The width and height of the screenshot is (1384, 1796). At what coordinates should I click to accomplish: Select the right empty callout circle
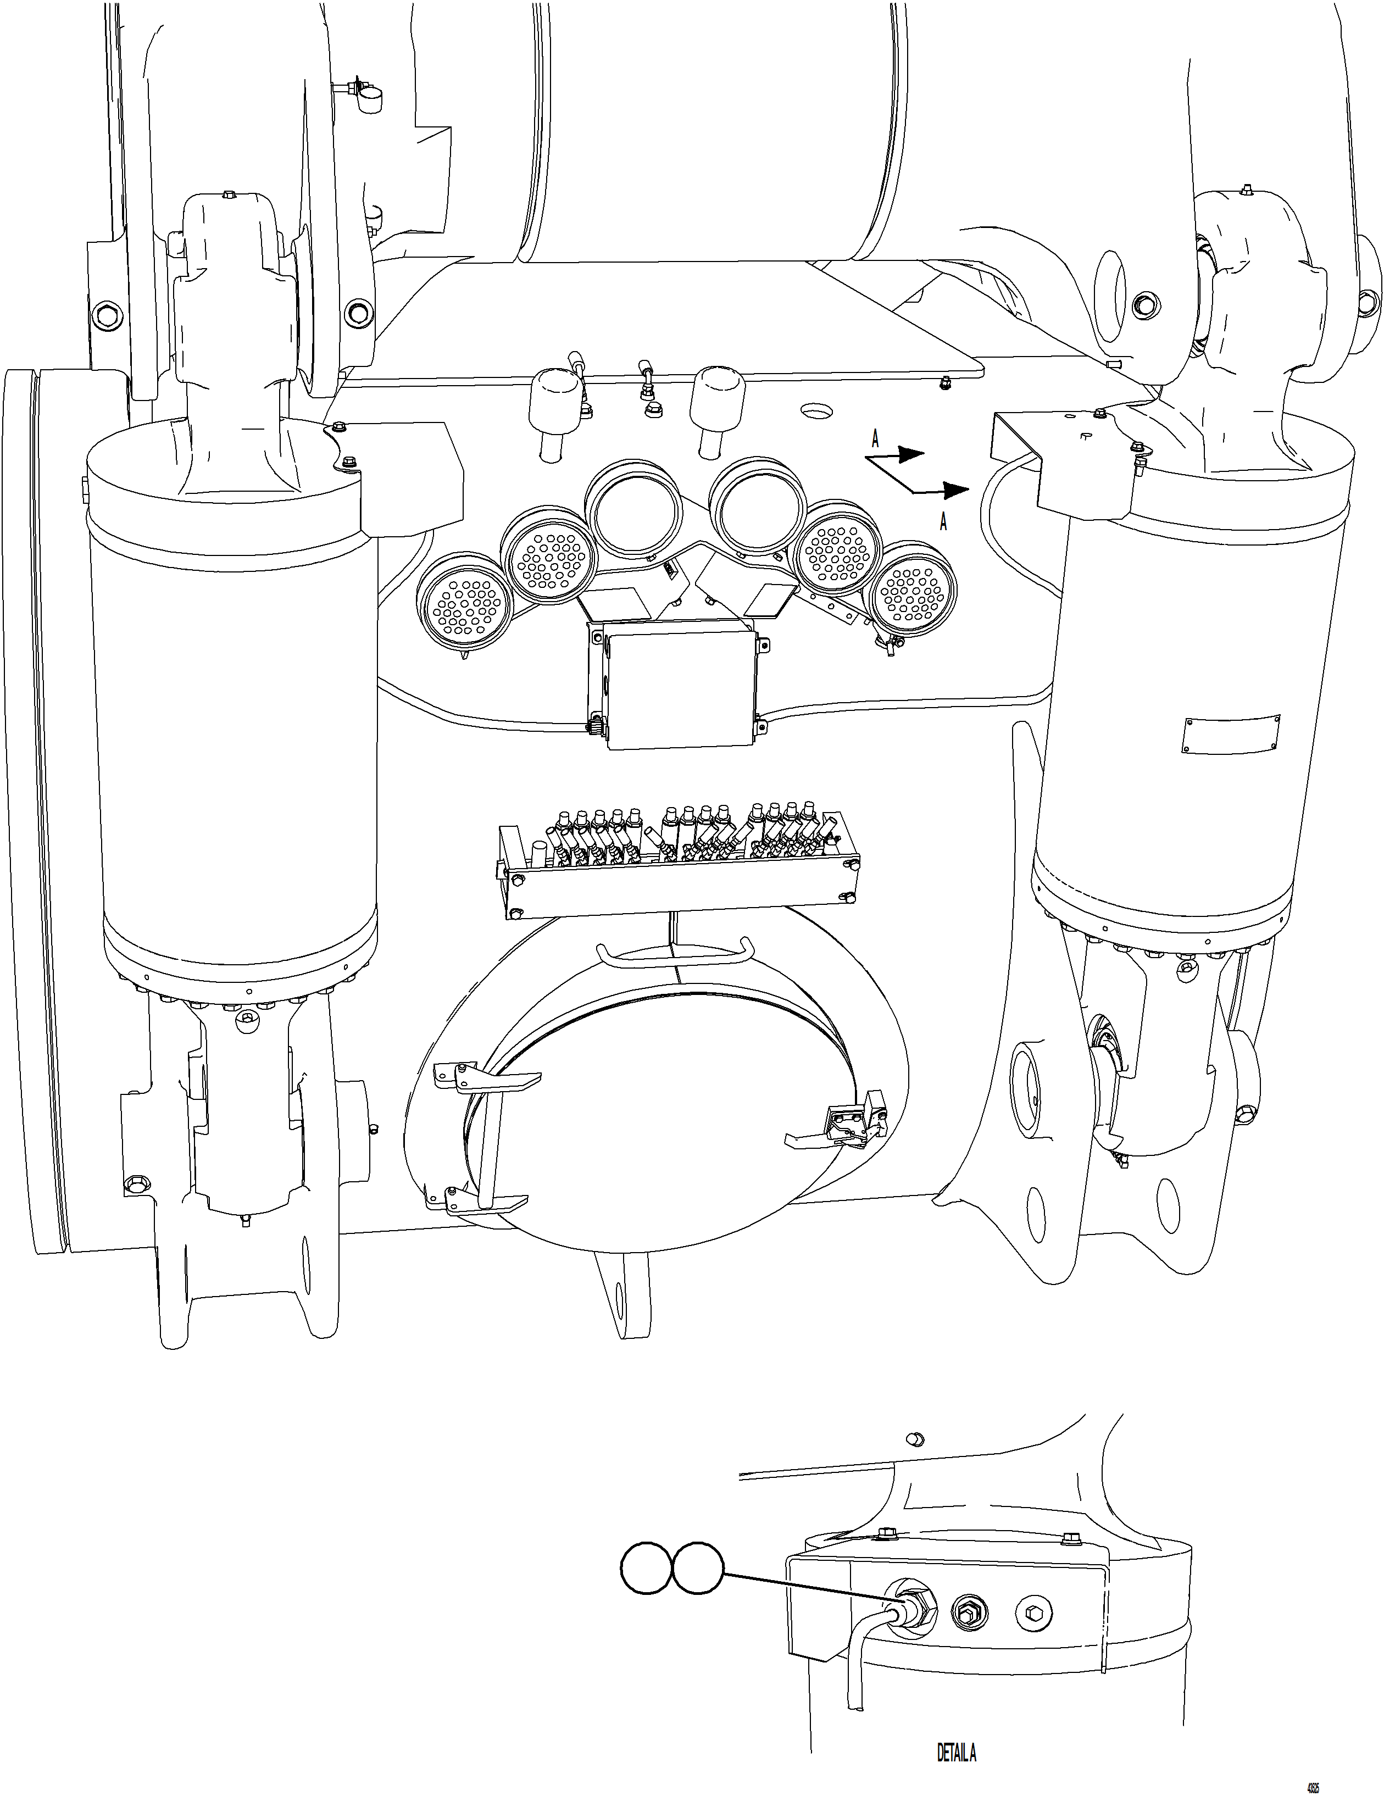coord(698,1571)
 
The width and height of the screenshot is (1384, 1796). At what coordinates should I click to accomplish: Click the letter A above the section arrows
coord(875,440)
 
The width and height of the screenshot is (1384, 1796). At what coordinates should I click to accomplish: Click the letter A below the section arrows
coord(944,521)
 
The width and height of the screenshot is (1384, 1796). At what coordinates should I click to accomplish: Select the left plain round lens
coord(633,510)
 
